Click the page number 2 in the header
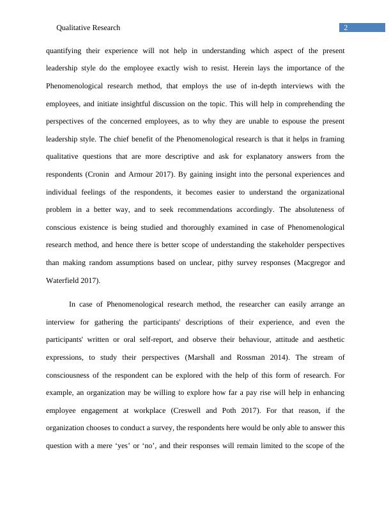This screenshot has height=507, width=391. click(x=346, y=28)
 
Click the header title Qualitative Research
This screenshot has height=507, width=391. click(x=88, y=28)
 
